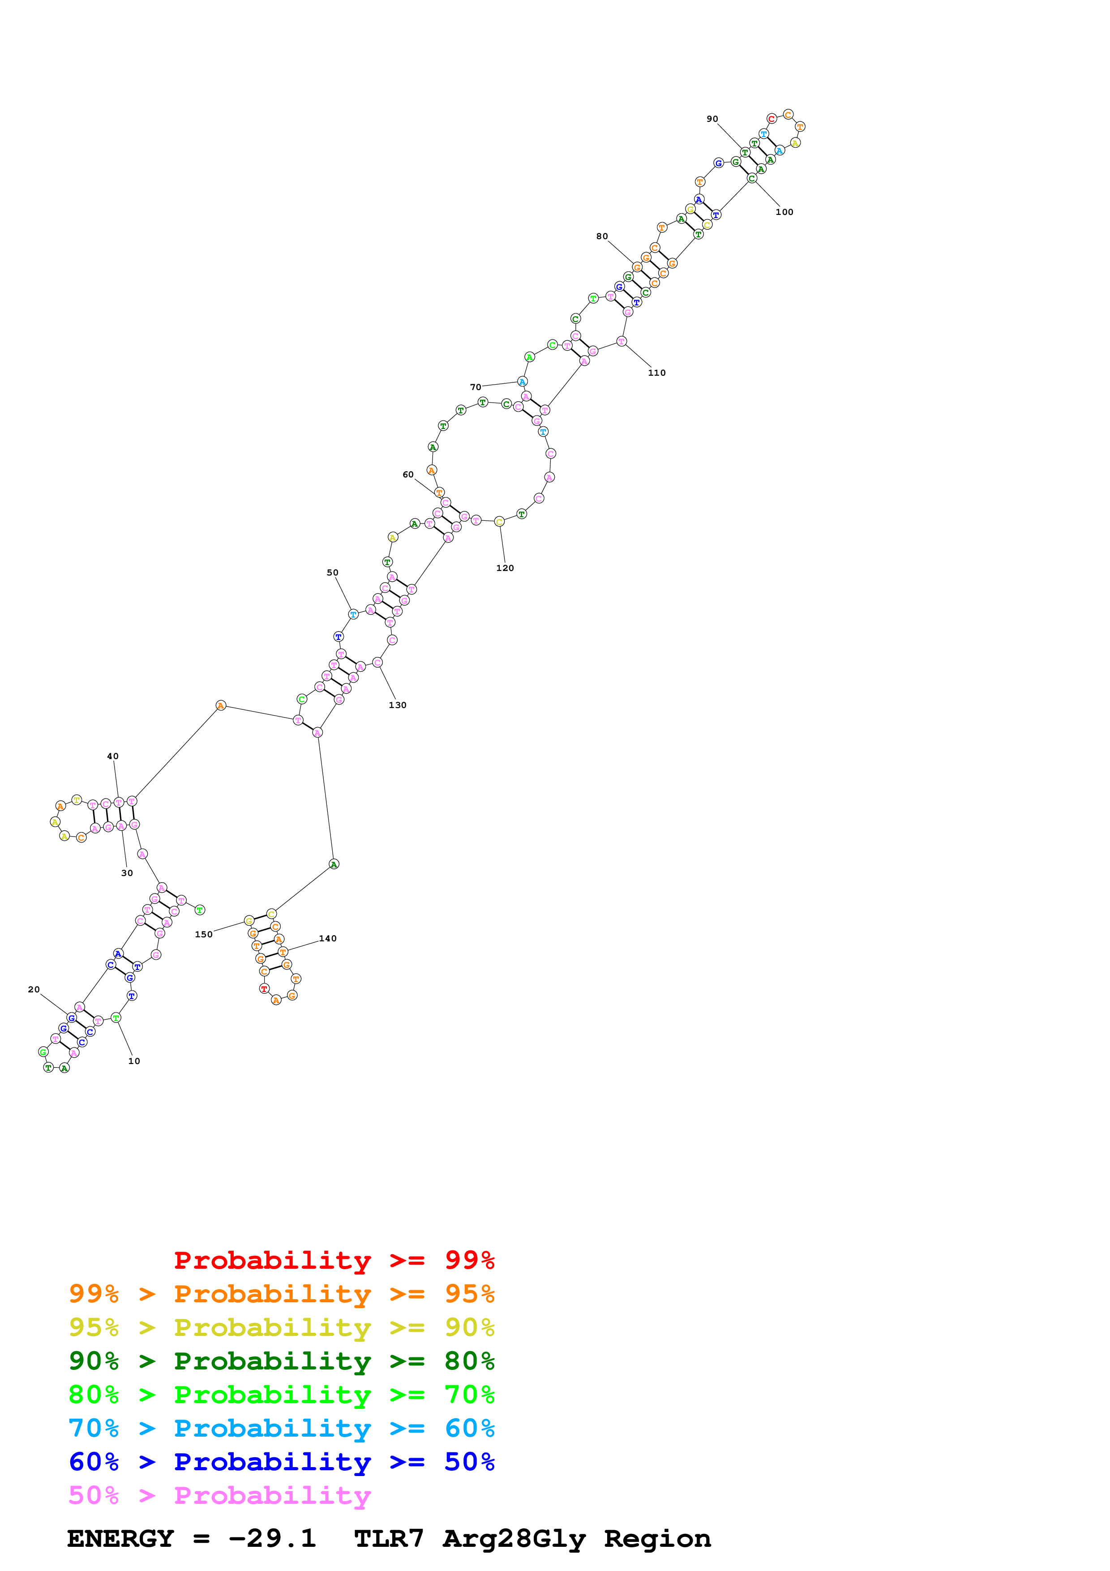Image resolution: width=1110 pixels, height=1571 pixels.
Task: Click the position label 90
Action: (712, 119)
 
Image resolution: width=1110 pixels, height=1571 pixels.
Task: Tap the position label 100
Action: (784, 212)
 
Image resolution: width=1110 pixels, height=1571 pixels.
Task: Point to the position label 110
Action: (656, 373)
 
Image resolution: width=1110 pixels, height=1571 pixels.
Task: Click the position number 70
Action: (476, 387)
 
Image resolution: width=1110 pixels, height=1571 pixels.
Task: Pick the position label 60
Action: (407, 475)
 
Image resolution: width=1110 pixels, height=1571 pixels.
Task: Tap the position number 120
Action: (505, 568)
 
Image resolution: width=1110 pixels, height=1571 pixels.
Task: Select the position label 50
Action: (332, 573)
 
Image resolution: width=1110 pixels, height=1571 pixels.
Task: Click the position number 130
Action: (397, 705)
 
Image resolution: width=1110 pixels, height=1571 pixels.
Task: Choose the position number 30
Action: (127, 873)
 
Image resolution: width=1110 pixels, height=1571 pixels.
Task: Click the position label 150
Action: (203, 935)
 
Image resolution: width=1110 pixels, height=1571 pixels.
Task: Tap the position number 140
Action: (328, 939)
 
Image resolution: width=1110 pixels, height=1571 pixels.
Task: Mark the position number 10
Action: (134, 1061)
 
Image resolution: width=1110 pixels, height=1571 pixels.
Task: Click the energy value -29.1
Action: (272, 1538)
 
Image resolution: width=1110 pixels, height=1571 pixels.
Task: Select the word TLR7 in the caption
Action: (389, 1538)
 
